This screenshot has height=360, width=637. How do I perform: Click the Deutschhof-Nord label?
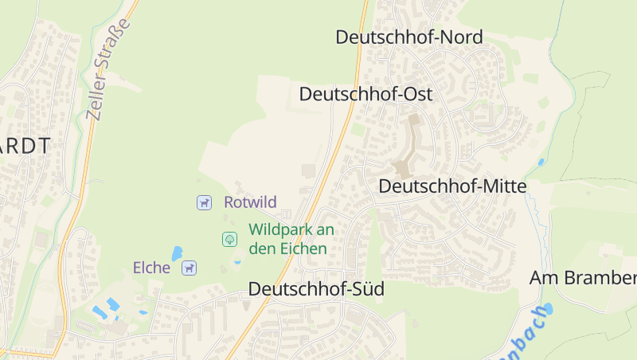coord(409,37)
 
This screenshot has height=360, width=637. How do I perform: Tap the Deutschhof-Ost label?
coord(365,94)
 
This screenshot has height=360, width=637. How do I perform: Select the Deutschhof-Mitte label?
coord(453,186)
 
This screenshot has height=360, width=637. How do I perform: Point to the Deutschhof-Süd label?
coord(316,289)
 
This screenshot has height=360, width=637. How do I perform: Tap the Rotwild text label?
coord(250,202)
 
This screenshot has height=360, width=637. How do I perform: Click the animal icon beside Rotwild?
coord(205,203)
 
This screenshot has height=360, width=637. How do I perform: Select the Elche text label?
coord(151,268)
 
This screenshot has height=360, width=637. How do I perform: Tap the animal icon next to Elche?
coord(189,268)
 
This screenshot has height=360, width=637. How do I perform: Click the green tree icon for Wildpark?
coord(229,238)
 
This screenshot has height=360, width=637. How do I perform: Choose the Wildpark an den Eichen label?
coord(291,239)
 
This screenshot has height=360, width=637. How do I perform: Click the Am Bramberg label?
coord(584,278)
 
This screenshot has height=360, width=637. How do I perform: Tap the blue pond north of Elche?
coord(177,252)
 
